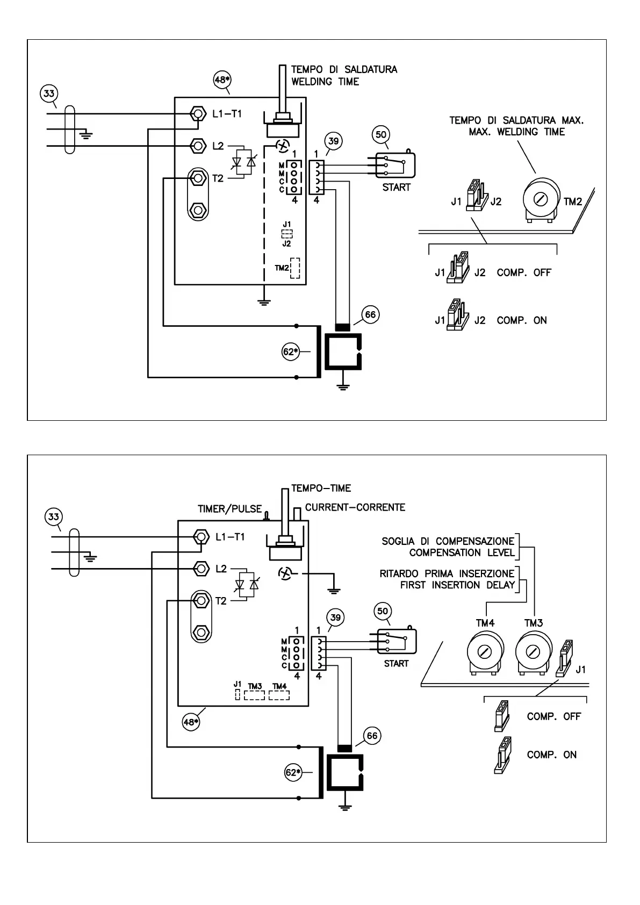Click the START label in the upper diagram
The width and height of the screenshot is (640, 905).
tap(396, 188)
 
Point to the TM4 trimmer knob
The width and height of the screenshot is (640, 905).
tap(485, 652)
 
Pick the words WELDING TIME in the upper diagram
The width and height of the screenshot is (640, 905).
tap(325, 82)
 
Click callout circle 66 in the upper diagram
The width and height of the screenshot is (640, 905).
tap(371, 315)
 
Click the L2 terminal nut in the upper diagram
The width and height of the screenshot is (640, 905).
tap(198, 145)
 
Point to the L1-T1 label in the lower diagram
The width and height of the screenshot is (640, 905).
tap(230, 536)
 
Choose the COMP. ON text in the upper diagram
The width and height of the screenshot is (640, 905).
tap(521, 320)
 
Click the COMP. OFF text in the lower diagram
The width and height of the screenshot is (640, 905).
tap(553, 716)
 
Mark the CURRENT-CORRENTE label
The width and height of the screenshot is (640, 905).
tap(355, 507)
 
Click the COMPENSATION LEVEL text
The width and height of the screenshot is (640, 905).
tap(462, 552)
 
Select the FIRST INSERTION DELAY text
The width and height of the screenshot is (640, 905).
tap(457, 585)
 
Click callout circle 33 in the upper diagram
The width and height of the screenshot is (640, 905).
tap(49, 94)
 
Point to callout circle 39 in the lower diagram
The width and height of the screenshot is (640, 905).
tap(336, 618)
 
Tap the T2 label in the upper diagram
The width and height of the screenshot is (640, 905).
tap(218, 179)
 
